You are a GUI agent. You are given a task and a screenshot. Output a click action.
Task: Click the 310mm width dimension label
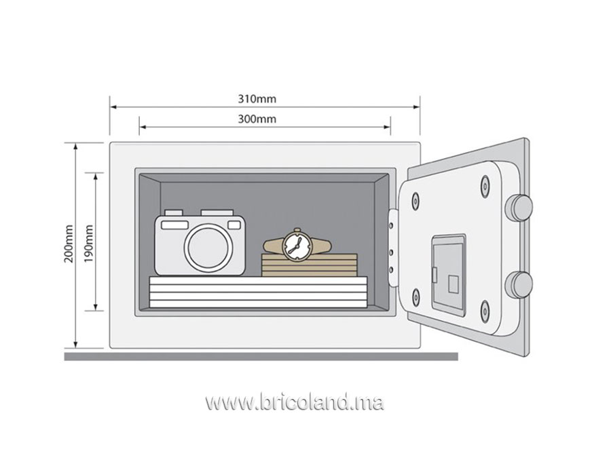pyautogui.click(x=257, y=99)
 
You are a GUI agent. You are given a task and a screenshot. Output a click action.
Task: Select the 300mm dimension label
pyautogui.click(x=257, y=119)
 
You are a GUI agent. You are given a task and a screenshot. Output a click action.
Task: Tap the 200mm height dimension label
pyautogui.click(x=69, y=244)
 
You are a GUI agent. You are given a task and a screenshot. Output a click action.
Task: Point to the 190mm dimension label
pyautogui.click(x=89, y=244)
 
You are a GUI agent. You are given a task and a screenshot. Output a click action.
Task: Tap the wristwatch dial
pyautogui.click(x=297, y=246)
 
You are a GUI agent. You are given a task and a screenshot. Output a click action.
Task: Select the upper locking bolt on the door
pyautogui.click(x=519, y=207)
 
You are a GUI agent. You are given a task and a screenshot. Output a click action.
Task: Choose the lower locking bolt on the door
pyautogui.click(x=519, y=285)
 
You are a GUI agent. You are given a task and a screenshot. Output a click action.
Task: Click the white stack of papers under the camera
pyautogui.click(x=259, y=292)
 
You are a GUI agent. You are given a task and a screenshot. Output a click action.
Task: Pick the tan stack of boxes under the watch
pyautogui.click(x=310, y=265)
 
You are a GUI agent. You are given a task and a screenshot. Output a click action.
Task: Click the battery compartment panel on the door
pyautogui.click(x=448, y=275)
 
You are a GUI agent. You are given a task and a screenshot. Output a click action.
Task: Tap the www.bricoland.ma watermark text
pyautogui.click(x=295, y=402)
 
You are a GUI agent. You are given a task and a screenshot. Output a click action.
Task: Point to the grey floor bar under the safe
pyautogui.click(x=261, y=356)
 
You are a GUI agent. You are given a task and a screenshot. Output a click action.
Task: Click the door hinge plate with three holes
pyautogui.click(x=393, y=248)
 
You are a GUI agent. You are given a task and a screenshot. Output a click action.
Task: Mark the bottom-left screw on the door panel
pyautogui.click(x=415, y=298)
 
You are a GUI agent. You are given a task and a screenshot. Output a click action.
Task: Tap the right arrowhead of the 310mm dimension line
pyautogui.click(x=417, y=107)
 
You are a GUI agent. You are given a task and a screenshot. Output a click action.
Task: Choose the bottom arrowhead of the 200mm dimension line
pyautogui.click(x=75, y=345)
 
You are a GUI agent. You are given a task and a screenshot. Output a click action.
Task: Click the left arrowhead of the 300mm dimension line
pyautogui.click(x=143, y=127)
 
